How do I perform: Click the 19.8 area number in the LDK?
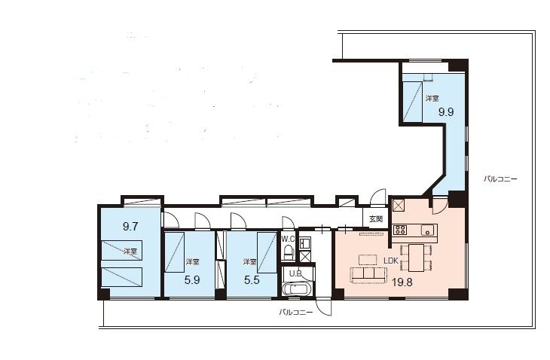[x=402, y=282]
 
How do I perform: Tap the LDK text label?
[x=391, y=261]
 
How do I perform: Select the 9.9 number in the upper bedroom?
[x=446, y=112]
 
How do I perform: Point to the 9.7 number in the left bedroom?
[x=130, y=227]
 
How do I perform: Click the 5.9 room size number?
[x=192, y=279]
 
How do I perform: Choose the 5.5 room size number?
[x=252, y=279]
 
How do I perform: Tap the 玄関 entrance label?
[x=376, y=219]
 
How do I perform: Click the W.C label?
[x=288, y=239]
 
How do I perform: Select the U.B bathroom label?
[x=295, y=273]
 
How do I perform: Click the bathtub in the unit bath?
[x=297, y=289]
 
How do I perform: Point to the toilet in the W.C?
[x=289, y=252]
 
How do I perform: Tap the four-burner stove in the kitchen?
[x=400, y=230]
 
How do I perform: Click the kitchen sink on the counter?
[x=428, y=230]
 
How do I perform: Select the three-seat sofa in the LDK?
[x=368, y=275]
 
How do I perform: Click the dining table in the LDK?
[x=416, y=258]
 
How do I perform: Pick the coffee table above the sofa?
[x=368, y=259]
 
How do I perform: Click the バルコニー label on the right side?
[x=500, y=179]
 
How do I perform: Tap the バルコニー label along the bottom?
[x=295, y=312]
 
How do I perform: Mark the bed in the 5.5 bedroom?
[x=266, y=252]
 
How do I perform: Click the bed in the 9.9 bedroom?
[x=412, y=102]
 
